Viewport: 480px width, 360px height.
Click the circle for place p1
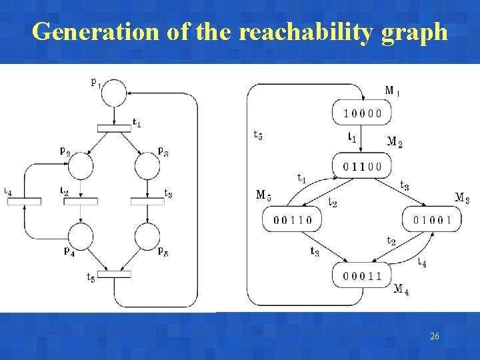tap(115, 93)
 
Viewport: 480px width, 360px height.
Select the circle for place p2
tap(81, 165)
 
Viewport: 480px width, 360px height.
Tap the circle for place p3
tap(147, 165)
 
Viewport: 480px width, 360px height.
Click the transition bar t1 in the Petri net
tap(114, 128)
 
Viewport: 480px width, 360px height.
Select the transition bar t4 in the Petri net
tap(24, 201)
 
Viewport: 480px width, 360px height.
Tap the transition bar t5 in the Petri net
tap(114, 274)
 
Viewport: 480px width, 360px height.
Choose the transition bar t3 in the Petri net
tap(147, 201)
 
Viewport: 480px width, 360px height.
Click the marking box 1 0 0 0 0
tap(363, 113)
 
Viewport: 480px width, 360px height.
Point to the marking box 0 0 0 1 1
tap(363, 275)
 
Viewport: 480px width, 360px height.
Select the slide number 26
tap(435, 337)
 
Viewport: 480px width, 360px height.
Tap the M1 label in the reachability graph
tap(393, 91)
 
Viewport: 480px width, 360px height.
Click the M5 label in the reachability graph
tap(263, 195)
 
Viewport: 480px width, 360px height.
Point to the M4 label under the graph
tap(401, 289)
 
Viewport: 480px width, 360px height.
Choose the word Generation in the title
tap(96, 31)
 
